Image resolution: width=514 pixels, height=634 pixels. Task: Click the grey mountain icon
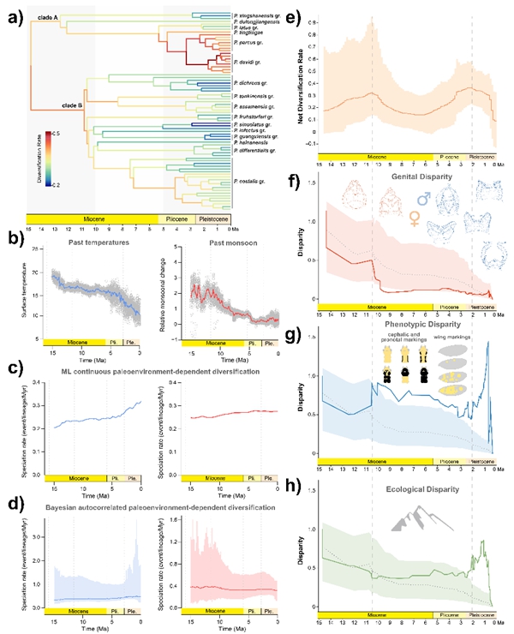tap(410, 520)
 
